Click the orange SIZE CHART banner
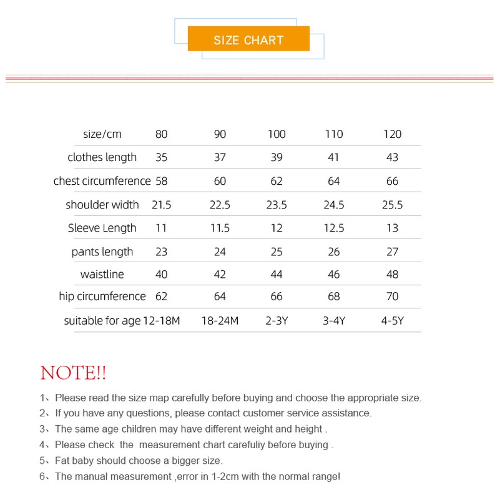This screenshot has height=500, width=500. pos(248,39)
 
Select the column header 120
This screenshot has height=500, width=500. pos(392,134)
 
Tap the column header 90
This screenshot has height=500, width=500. pos(220,134)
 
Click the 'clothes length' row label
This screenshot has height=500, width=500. pos(102,157)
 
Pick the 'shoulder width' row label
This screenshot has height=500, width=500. pos(102,205)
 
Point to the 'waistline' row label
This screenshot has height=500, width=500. pos(102,275)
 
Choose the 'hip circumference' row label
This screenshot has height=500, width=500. pos(102,297)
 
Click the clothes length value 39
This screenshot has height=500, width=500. pos(277,157)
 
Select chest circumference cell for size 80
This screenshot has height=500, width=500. pos(162,181)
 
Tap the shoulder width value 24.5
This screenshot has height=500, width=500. pos(334,205)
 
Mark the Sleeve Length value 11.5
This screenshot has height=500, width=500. pos(220,228)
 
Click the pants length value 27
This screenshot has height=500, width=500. pos(392,252)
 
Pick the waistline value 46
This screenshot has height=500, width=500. pos(334,275)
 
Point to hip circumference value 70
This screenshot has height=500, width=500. pos(392,297)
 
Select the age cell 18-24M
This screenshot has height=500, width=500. pos(220,321)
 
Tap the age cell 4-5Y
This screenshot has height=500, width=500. pos(392,321)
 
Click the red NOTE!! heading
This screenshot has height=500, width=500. pos(73,373)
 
